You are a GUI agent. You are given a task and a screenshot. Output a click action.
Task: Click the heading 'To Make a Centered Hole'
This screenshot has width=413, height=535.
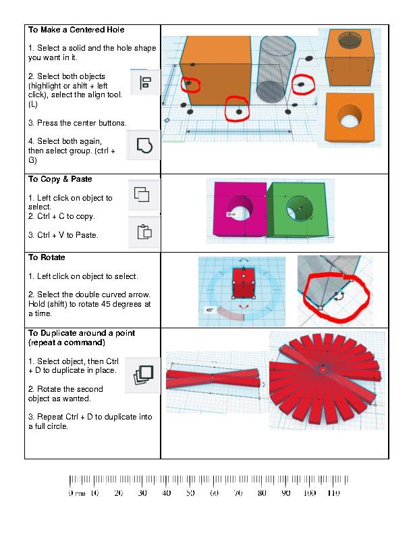click(76, 30)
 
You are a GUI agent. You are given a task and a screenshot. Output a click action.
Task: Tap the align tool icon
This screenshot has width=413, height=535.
click(144, 82)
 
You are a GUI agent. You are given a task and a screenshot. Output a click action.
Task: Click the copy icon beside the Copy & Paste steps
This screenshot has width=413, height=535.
click(142, 195)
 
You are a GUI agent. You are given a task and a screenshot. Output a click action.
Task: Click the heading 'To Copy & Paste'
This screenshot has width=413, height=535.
click(60, 180)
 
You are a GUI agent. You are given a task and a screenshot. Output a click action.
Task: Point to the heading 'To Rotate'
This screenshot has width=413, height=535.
click(47, 258)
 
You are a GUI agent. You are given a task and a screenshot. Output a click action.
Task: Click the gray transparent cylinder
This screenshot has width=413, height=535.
click(276, 69)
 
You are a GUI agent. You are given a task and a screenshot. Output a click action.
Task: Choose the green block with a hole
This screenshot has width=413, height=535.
click(298, 209)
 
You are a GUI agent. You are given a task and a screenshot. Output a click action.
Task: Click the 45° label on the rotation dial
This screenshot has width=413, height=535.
click(209, 310)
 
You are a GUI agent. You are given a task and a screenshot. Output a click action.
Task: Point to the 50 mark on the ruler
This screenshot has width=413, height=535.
click(190, 493)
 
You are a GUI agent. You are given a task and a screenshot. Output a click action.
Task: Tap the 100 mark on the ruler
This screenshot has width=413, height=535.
click(309, 493)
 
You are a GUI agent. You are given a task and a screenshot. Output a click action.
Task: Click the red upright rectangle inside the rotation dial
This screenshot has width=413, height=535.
click(242, 282)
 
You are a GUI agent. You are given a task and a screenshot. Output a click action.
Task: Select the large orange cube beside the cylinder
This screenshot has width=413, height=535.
click(215, 71)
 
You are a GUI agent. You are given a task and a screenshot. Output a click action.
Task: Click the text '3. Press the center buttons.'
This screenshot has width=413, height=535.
click(78, 123)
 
